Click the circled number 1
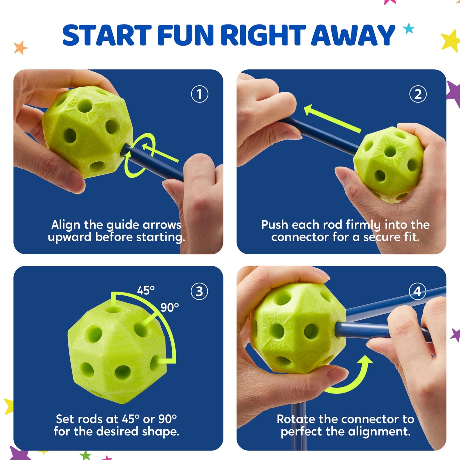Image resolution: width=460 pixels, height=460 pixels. pos(200,94)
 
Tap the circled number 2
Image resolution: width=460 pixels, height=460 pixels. pos(418,94)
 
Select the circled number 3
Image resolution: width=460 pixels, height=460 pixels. pos(199,291)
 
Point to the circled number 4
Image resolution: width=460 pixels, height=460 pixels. pos(418,291)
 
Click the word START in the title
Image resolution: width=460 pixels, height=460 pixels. pos(107,35)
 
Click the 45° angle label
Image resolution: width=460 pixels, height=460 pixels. pos(145,291)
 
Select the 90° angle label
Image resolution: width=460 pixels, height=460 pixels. pos(169,308)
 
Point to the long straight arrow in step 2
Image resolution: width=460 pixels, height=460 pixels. pos(332,119)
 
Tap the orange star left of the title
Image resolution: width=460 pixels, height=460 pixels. pos(20,47)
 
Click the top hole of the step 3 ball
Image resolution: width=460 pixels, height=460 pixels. pos(113,310)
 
